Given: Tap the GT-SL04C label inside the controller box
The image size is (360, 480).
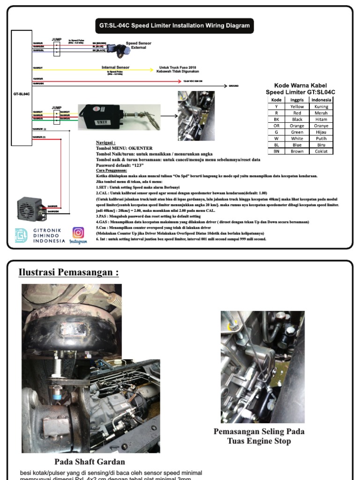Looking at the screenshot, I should click(21, 94).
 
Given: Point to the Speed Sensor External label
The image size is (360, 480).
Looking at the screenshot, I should click(135, 45).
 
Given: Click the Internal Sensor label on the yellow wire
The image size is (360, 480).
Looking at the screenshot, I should click(115, 67).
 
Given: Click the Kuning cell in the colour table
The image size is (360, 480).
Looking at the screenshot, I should click(321, 106).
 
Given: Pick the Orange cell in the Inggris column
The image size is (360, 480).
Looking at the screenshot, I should click(297, 126).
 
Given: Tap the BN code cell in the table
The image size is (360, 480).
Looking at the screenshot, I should click(277, 151).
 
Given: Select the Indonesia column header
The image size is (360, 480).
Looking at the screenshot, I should click(321, 100).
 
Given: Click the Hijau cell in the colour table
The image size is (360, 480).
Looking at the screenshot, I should click(321, 132).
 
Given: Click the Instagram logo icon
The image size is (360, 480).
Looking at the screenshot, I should click(79, 232).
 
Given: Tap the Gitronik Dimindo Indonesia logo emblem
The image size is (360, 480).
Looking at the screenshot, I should click(21, 236).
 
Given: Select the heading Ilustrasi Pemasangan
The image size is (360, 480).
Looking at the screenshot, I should click(68, 273).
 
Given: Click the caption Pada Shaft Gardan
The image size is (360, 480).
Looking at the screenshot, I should click(89, 461).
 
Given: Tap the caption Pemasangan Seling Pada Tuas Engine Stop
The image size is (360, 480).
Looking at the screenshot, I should click(259, 435).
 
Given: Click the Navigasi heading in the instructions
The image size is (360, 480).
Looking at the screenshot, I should click(105, 142).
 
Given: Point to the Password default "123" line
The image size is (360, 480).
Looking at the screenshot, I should click(120, 165).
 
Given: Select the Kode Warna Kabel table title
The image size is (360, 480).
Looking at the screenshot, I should click(300, 89).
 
